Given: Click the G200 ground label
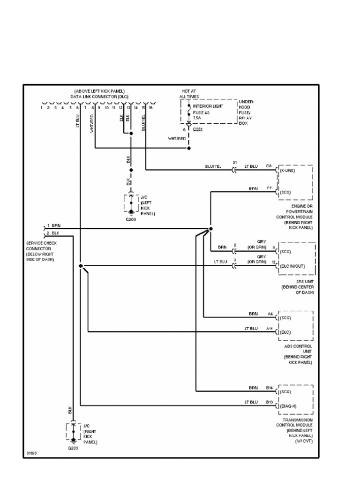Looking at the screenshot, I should pos(131,219).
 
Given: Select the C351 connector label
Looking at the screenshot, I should pos(199,128).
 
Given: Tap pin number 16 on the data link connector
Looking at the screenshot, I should pos(151,108).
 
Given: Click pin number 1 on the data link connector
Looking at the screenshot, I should pos(41,108).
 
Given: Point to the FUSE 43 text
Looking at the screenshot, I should pos(201,112).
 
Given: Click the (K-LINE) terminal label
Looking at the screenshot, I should pos(287,171).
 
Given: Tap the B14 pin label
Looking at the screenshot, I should pos(269,388).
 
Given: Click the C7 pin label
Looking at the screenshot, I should pos(269,188).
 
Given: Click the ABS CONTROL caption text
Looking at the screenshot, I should pos(298,346).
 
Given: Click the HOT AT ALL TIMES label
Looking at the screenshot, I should pos(189,93).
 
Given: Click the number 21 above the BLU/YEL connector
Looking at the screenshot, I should pos(234,162).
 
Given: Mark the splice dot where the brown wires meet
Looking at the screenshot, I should pos(210,229).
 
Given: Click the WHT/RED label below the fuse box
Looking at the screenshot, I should pos(177,139).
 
